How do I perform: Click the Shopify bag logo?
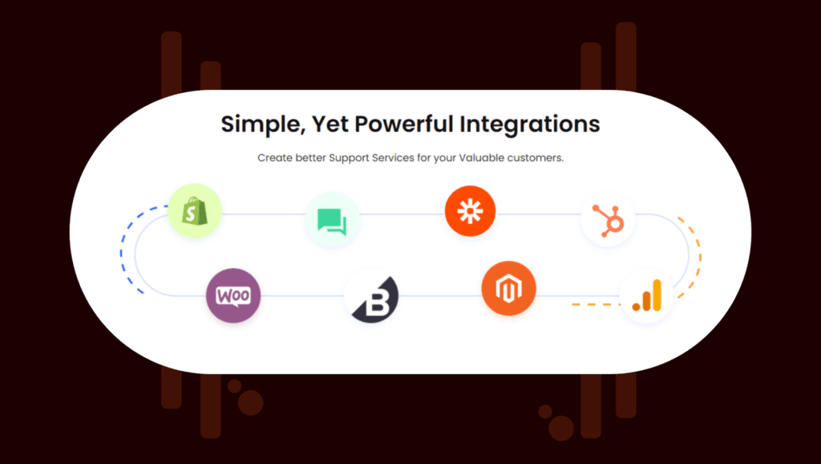[x=195, y=211]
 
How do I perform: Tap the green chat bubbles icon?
[x=332, y=221]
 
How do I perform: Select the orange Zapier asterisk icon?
[x=470, y=211]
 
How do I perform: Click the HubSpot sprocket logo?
[x=608, y=220]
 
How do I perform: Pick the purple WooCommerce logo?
[x=233, y=295]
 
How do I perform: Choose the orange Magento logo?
[x=508, y=289]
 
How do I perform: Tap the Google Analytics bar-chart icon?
[x=647, y=297]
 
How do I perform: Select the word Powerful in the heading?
[x=404, y=124]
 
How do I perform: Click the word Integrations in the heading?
[x=530, y=124]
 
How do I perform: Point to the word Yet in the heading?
[x=330, y=124]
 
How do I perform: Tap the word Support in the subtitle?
[x=350, y=158]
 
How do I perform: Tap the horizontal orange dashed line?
[x=596, y=304]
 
